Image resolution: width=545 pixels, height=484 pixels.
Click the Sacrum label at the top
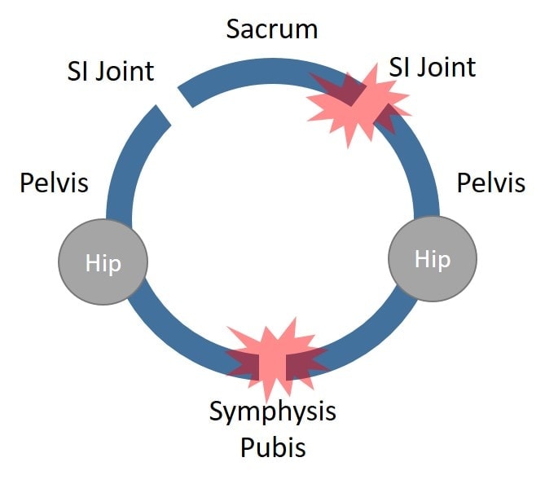[x=272, y=29]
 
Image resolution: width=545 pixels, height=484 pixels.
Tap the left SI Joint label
[x=110, y=71]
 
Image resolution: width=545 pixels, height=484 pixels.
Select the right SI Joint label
[x=433, y=66]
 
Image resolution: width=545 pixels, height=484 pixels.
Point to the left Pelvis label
[x=54, y=182]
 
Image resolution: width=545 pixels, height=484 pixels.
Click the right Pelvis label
[x=490, y=182]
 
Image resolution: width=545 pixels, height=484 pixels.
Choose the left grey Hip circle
[x=103, y=262]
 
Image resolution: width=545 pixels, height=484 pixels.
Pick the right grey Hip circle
[x=432, y=259]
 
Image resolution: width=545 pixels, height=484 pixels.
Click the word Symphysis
[x=272, y=411]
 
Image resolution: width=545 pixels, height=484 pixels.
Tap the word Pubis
[x=272, y=447]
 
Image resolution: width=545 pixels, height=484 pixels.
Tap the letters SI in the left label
[x=78, y=71]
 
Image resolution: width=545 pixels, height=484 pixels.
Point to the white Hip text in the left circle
[x=103, y=262]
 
